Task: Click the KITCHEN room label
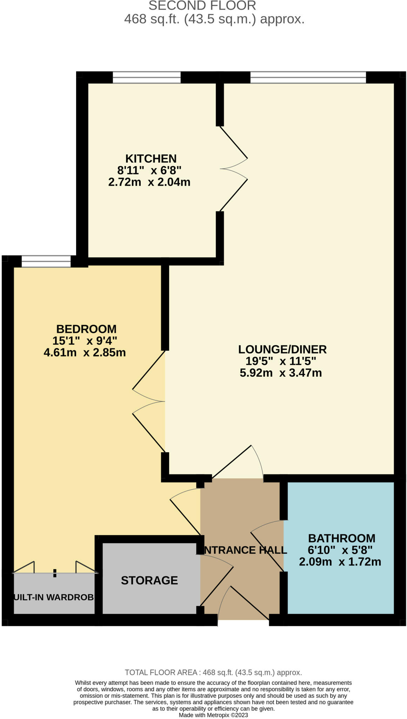click(151, 159)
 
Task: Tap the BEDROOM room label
click(86, 329)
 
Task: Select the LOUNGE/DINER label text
click(282, 349)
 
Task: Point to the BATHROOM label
click(341, 538)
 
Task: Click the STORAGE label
click(149, 580)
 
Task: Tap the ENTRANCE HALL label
click(245, 550)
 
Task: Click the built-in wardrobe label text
click(54, 597)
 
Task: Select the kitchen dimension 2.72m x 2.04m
click(149, 182)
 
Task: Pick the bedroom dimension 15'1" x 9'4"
click(85, 341)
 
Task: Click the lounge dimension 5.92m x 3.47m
click(281, 373)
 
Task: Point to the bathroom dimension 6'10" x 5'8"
click(340, 550)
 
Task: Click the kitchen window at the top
click(147, 77)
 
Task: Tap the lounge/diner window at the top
click(308, 77)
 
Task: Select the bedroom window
click(46, 262)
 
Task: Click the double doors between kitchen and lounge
click(233, 169)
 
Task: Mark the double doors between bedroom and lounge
click(148, 401)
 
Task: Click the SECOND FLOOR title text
click(202, 6)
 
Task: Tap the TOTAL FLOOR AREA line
click(213, 672)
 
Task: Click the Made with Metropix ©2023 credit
click(213, 715)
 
